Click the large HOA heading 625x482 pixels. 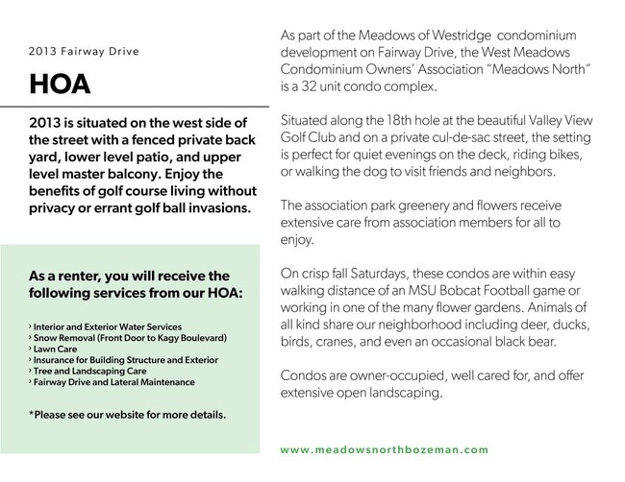[60, 85]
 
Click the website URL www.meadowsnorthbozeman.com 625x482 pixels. [385, 449]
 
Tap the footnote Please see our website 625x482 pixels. [127, 415]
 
